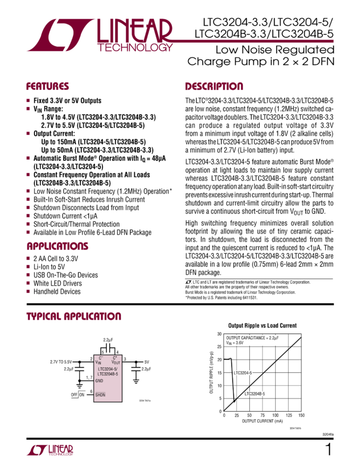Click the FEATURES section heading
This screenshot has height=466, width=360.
48,87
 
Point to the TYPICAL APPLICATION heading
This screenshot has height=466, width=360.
74,317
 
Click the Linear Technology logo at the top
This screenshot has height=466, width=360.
98,34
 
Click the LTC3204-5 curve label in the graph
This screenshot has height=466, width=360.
244,372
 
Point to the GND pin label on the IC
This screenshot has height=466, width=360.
99,380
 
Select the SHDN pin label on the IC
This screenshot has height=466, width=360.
100,394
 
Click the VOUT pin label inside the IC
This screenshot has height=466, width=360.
116,362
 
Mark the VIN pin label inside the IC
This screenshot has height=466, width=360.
99,362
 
